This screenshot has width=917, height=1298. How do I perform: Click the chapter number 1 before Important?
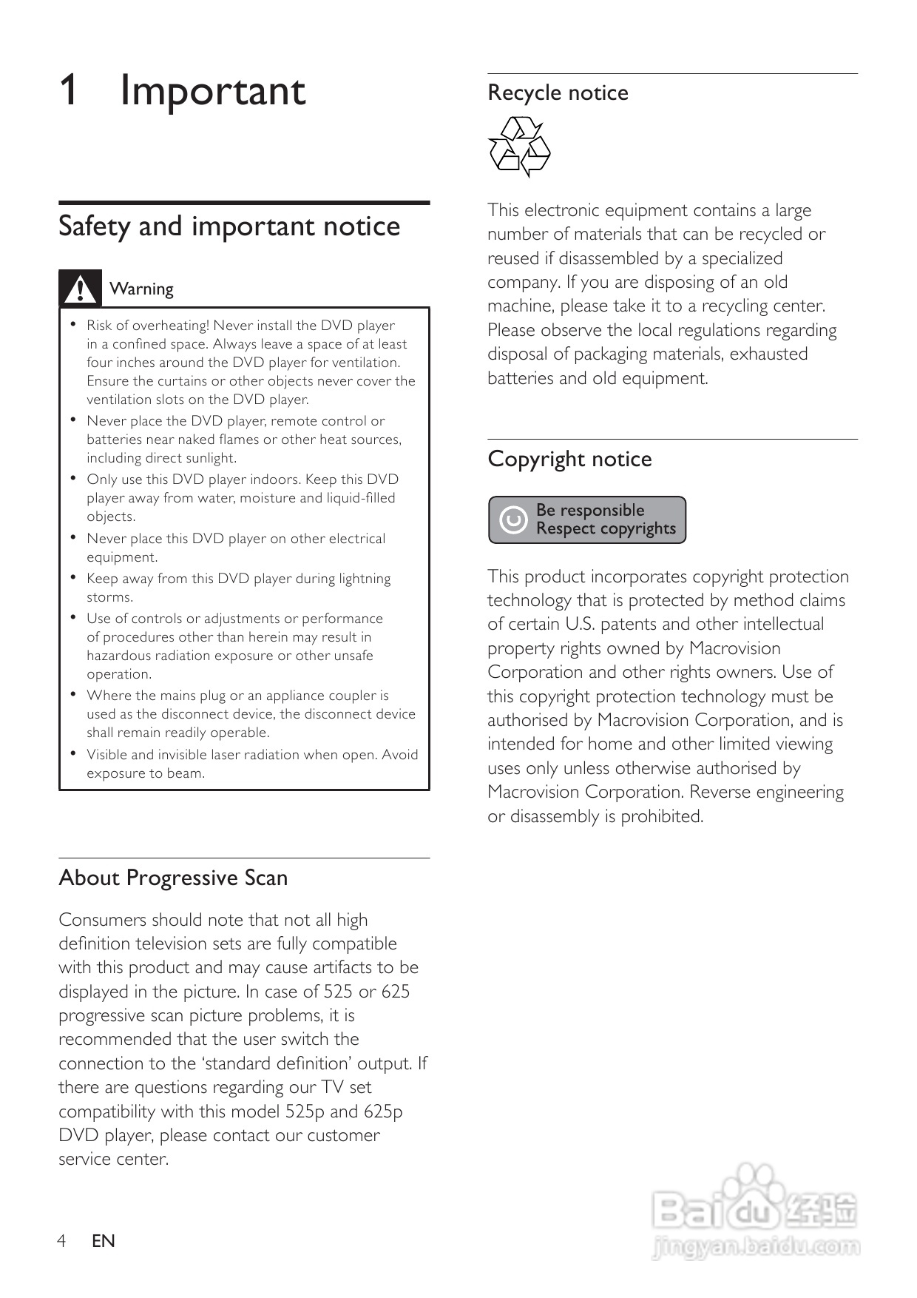coord(68,91)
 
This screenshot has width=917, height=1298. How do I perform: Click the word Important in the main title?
coord(212,91)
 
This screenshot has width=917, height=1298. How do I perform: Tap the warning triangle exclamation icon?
coord(80,289)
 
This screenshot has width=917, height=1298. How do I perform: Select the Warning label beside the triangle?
coord(141,289)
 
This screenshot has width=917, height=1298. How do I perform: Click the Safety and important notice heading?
coord(229,226)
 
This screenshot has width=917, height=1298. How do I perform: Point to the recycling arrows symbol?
coord(519,147)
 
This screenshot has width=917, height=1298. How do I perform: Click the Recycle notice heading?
coord(558,93)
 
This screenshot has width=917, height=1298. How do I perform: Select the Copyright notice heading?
coord(569,459)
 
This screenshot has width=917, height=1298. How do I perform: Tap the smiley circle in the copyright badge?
coord(513,520)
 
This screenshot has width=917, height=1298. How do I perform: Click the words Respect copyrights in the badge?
coord(606,529)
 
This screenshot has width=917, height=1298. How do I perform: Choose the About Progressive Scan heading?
coord(173,878)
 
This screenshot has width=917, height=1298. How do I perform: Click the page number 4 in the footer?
coord(62,1240)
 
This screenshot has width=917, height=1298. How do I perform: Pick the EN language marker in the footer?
coord(104,1241)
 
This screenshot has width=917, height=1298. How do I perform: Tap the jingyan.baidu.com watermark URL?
coord(756,1248)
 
